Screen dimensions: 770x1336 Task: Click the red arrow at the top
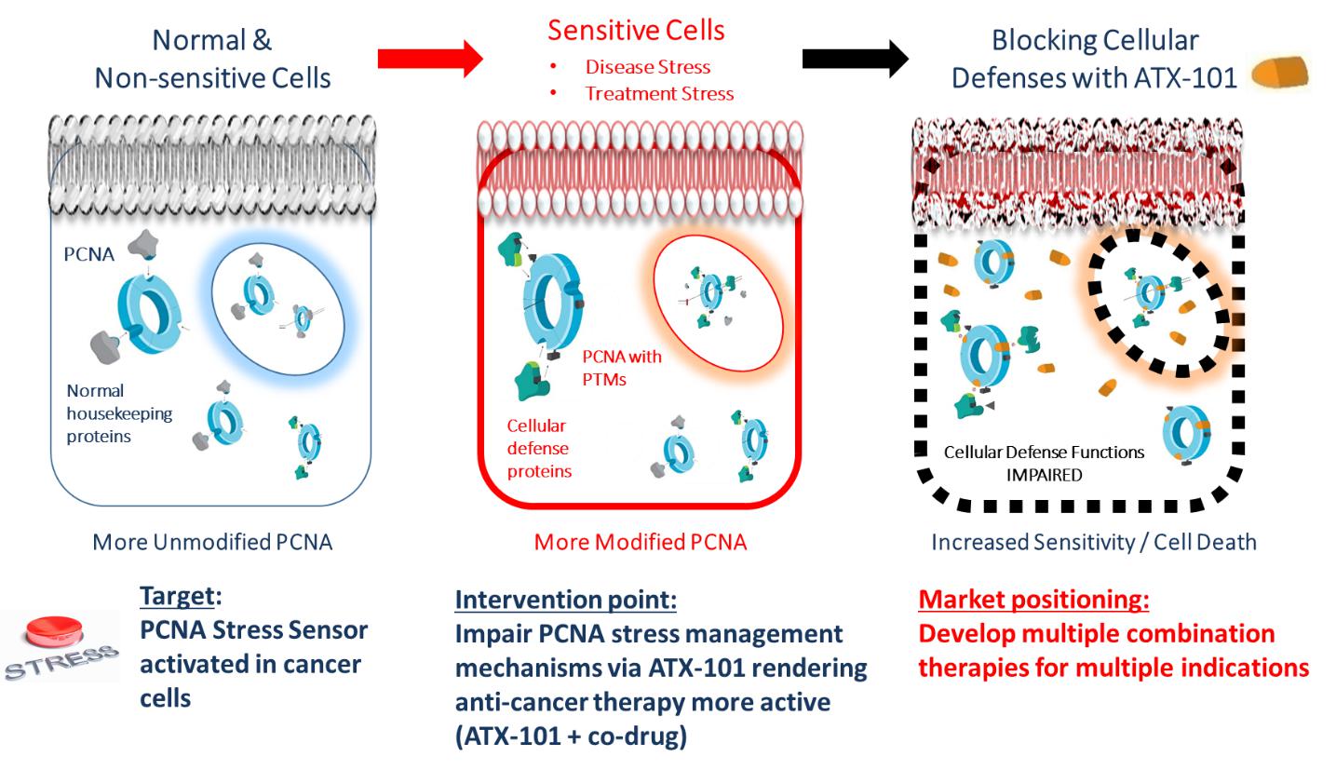point(429,59)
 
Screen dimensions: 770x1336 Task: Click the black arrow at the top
point(855,59)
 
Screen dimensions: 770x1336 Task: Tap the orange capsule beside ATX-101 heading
point(1280,74)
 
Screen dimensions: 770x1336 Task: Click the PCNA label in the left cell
point(89,253)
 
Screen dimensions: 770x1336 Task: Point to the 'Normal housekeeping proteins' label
point(118,412)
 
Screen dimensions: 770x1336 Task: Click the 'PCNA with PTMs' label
point(621,367)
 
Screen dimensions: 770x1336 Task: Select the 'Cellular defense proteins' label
point(538,448)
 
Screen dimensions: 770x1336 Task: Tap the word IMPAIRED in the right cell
point(1044,475)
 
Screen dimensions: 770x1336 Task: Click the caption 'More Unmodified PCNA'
point(211,542)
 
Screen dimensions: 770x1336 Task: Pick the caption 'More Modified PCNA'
point(640,542)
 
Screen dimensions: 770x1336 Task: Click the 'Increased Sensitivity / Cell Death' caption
point(1093,542)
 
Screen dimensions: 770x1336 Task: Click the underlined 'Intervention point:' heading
point(565,600)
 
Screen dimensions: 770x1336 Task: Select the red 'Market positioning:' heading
point(1033,600)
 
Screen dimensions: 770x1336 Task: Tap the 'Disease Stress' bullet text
point(647,67)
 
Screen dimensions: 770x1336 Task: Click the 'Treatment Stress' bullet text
point(658,93)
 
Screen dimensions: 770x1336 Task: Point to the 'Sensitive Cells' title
point(636,30)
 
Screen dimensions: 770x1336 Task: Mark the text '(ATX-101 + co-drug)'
point(570,736)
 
